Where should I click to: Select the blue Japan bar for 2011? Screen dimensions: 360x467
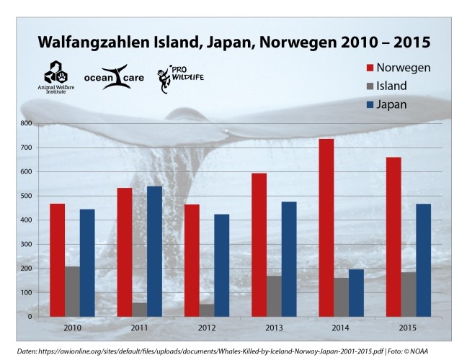point(154,251)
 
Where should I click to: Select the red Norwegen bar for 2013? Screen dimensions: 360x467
point(259,245)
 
